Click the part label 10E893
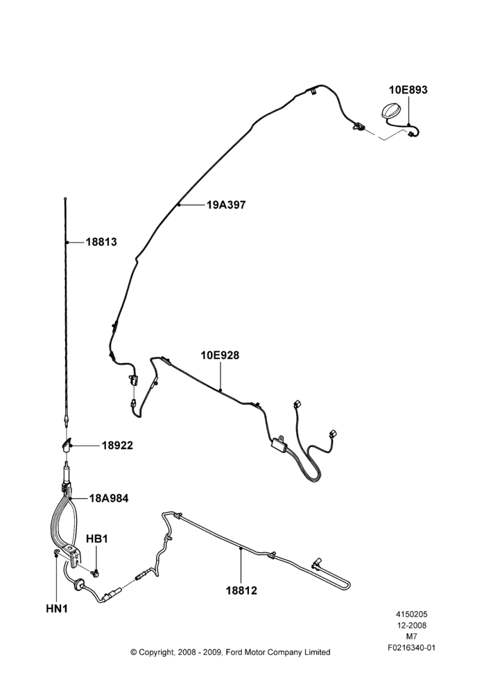(408, 89)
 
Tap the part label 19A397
(226, 204)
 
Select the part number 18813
(101, 242)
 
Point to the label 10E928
(220, 355)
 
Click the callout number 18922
(117, 446)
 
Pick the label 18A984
(109, 498)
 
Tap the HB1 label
(97, 538)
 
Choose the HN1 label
(57, 608)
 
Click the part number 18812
(241, 590)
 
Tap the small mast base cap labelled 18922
(67, 445)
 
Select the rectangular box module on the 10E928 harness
(279, 443)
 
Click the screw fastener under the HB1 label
(95, 573)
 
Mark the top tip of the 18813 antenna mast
(65, 199)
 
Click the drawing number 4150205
(411, 614)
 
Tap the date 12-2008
(411, 625)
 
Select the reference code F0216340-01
(411, 648)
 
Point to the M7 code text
(412, 637)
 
